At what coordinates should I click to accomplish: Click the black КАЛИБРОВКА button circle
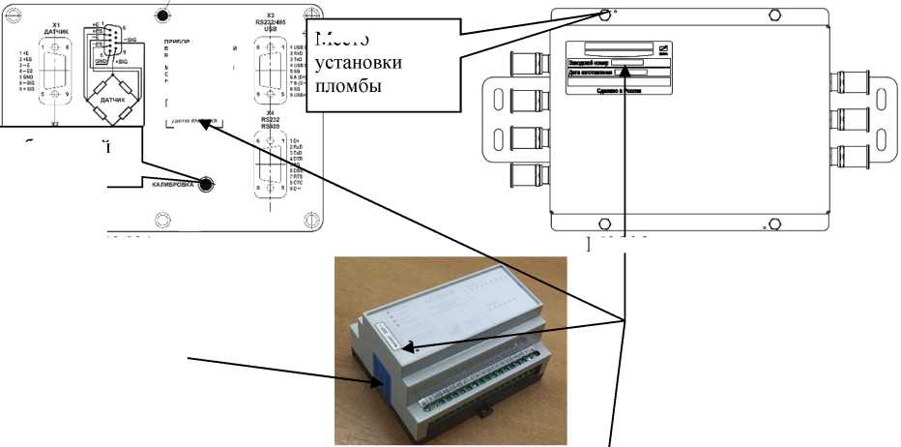coord(204,184)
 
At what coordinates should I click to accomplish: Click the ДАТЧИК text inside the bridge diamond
coord(113,96)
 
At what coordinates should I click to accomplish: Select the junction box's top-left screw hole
coord(605,15)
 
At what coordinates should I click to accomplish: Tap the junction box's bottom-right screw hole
coord(766,225)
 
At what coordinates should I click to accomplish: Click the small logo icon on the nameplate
coord(663,48)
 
